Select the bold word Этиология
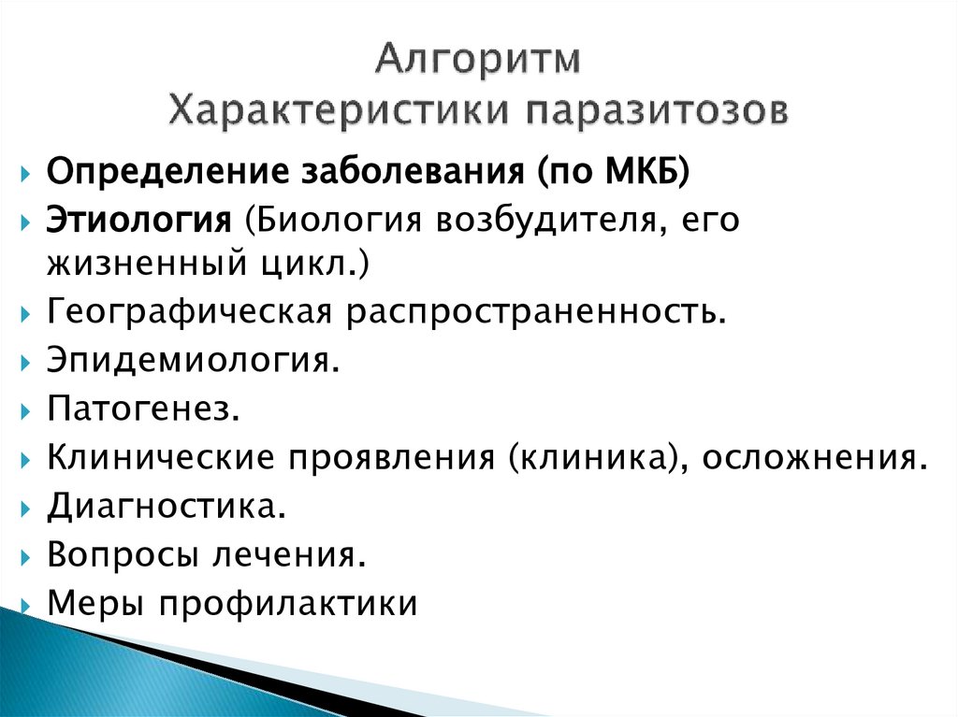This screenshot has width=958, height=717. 139,222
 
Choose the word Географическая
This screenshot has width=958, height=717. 189,313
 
